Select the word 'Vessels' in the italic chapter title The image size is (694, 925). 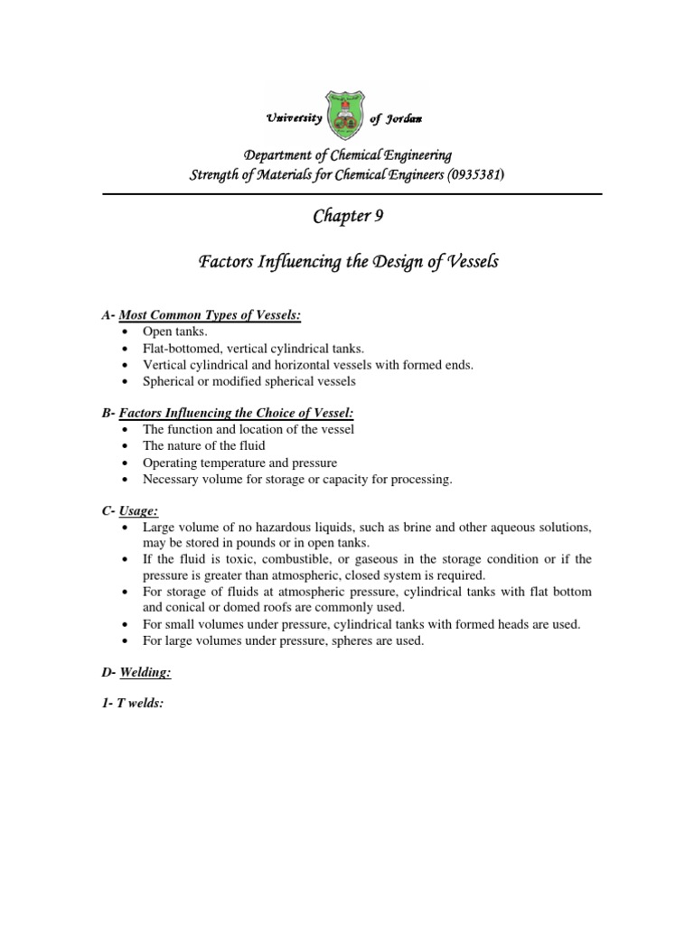466,263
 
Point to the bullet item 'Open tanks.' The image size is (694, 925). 175,332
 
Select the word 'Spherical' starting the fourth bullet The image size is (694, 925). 168,381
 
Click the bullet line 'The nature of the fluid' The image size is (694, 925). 204,446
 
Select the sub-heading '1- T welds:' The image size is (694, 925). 132,704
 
